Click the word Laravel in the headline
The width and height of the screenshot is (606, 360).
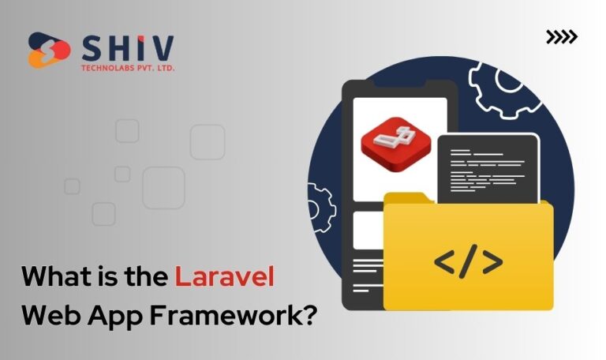tap(224, 277)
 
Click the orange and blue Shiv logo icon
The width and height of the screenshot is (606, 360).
tap(49, 50)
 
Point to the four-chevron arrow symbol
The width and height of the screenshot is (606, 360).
tap(561, 37)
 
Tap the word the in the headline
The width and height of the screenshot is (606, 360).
tap(147, 277)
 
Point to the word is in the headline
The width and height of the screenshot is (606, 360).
tap(107, 277)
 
